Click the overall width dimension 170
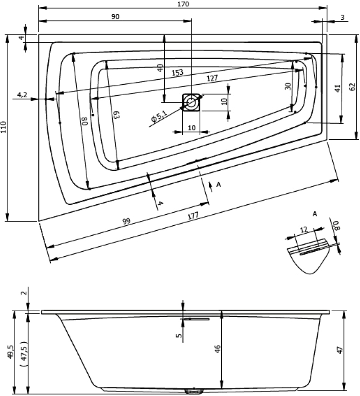(x=183, y=4)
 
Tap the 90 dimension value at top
(x=115, y=16)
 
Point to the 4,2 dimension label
(x=22, y=95)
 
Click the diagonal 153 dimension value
(x=177, y=73)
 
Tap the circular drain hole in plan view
(x=192, y=102)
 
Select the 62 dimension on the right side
(x=352, y=87)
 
